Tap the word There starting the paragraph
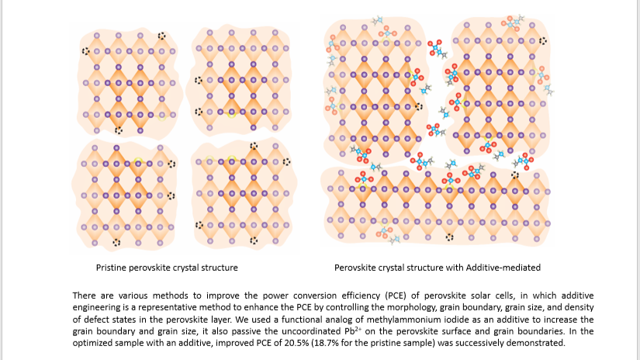[x=84, y=296]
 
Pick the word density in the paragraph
[x=579, y=308]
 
